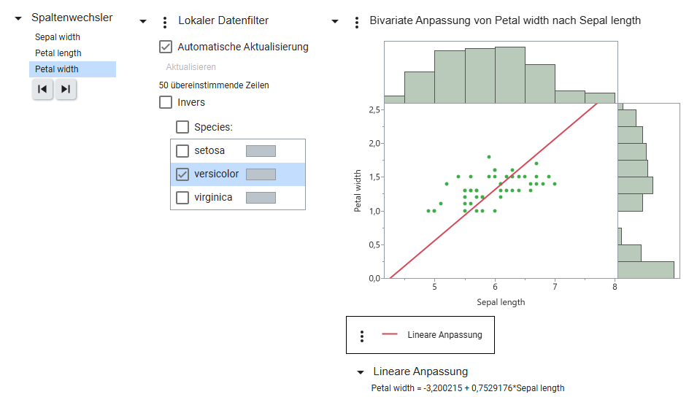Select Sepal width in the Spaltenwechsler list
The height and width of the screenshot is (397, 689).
[58, 37]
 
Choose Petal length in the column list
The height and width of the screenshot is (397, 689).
[58, 53]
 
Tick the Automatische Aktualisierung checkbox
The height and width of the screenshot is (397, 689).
[166, 47]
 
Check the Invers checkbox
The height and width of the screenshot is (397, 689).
[166, 102]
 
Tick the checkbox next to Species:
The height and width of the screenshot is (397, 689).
[182, 127]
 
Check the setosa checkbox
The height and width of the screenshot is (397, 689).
[182, 150]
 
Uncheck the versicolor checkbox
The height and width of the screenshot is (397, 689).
[182, 174]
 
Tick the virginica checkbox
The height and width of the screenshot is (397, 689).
[182, 198]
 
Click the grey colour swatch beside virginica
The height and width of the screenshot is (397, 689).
[261, 198]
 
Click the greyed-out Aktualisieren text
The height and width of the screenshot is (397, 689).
[190, 66]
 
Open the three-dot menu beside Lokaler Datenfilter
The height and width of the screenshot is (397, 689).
[165, 23]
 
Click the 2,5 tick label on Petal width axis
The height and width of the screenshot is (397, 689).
[374, 109]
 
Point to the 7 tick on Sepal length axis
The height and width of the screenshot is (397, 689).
[555, 287]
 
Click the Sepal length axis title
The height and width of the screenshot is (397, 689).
[501, 302]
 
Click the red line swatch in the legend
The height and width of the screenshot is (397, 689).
[390, 335]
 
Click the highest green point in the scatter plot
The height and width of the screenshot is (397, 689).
[489, 157]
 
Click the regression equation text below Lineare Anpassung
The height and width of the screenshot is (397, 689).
[468, 388]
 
